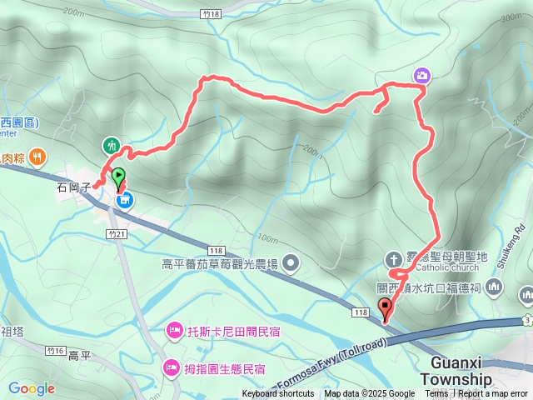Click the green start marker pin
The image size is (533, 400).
pos(118,177)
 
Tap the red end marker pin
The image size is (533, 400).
pos(384,307)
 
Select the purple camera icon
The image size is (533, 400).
pos(422,76)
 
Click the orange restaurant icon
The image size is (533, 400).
pos(37,155)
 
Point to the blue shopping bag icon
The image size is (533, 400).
pos(124,200)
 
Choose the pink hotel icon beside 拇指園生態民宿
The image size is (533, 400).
pos(170,367)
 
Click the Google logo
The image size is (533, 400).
pos(31,388)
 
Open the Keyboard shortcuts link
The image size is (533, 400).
pos(277,394)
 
